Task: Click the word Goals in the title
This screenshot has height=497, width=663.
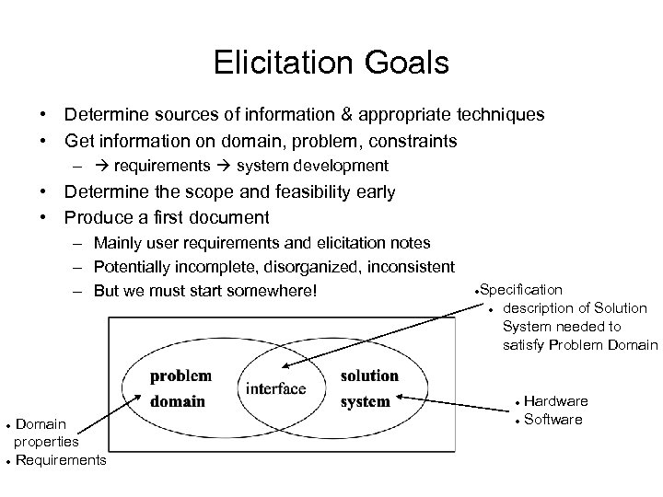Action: tap(406, 63)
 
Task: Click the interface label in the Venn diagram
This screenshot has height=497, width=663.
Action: tap(275, 388)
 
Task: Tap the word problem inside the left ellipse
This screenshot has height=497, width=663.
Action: tap(180, 376)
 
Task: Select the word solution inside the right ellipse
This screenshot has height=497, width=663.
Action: tap(368, 376)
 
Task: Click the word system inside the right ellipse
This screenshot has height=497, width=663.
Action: tap(365, 401)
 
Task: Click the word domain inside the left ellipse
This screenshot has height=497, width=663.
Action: tap(178, 401)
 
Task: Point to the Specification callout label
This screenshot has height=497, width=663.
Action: tap(521, 290)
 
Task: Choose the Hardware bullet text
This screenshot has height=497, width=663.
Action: tap(556, 402)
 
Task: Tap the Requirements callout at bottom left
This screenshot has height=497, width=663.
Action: tap(61, 458)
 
